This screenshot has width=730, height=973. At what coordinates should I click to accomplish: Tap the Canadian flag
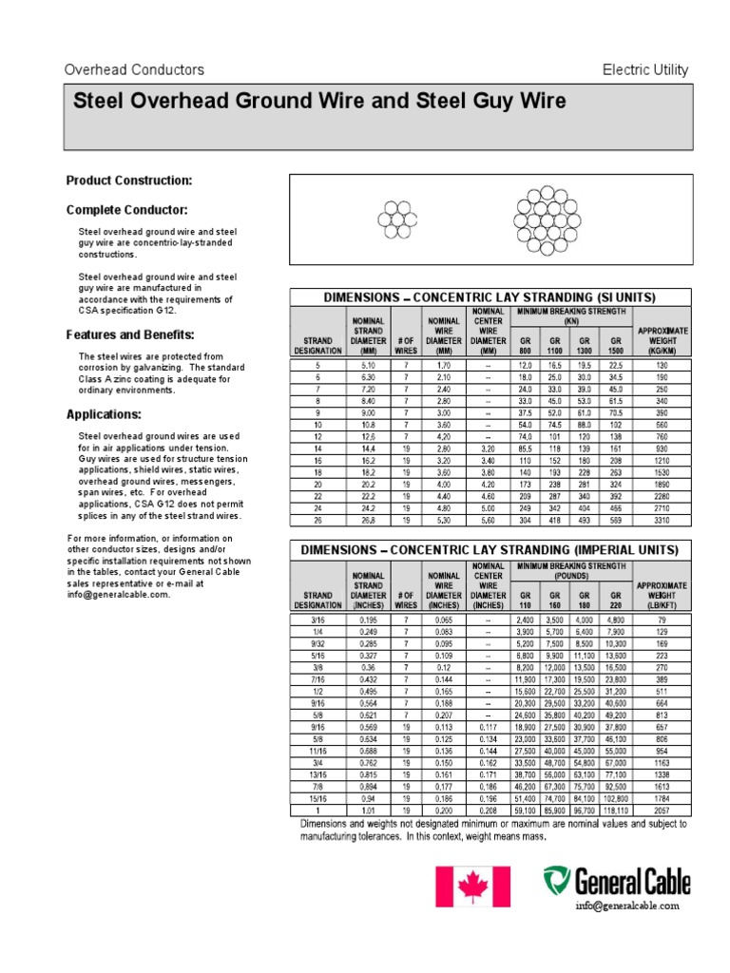point(472,886)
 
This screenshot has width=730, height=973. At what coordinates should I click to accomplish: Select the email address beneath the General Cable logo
point(627,906)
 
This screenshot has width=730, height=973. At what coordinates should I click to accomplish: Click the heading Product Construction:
point(128,180)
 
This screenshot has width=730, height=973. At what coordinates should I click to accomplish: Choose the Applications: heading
point(105,414)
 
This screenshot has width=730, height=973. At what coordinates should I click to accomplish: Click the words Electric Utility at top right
point(645,70)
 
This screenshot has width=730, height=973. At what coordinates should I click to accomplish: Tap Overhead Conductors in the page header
point(134,70)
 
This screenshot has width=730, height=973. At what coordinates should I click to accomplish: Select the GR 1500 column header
point(616,343)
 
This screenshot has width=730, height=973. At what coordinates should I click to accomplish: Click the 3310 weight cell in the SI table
point(663,520)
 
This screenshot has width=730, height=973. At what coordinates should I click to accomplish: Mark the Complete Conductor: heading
point(126,209)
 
